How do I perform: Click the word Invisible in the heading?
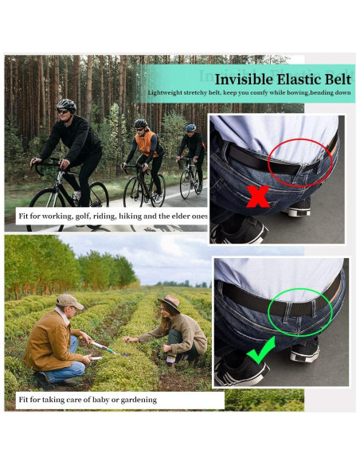[x=243, y=79]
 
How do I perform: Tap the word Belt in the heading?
[x=335, y=79]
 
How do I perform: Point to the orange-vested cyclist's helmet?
[x=141, y=123]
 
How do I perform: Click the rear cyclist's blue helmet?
[x=190, y=127]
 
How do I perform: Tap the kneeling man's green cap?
[x=69, y=300]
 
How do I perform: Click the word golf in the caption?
[x=84, y=216]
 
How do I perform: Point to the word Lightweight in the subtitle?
[x=166, y=93]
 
